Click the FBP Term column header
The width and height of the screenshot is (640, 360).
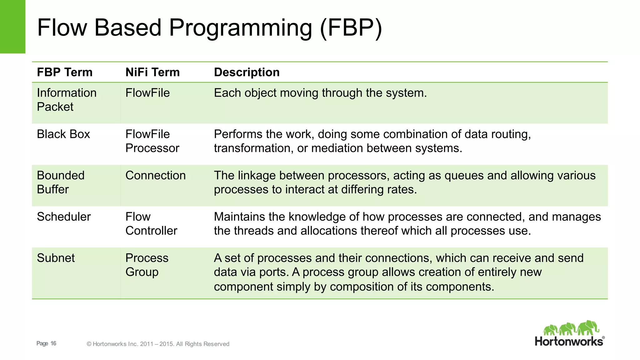[65, 72]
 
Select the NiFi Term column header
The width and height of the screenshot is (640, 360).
[152, 72]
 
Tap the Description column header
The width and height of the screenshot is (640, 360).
[247, 72]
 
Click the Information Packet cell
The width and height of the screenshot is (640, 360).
[67, 100]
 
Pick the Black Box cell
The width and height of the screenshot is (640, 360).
[63, 134]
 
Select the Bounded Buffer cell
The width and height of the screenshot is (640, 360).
[61, 182]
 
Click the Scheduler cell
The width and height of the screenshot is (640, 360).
[64, 217]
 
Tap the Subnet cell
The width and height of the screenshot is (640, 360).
[56, 258]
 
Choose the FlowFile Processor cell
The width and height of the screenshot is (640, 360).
[152, 141]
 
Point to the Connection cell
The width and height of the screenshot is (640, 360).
[155, 175]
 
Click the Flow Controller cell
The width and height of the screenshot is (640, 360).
[151, 223]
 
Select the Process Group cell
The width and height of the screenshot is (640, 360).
[147, 265]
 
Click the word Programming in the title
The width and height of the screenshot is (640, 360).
[241, 28]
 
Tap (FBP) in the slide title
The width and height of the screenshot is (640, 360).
[351, 28]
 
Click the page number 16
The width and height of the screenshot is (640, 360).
[53, 343]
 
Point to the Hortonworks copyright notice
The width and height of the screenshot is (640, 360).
[158, 344]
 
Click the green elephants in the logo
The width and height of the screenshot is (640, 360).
[571, 328]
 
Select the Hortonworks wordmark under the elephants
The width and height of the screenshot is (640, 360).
[569, 341]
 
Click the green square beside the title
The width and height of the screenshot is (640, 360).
[12, 27]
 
